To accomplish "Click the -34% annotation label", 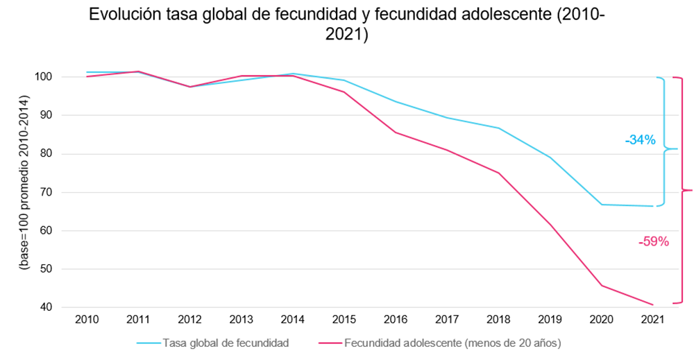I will tap(640, 140).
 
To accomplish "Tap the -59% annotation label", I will tap(653, 241).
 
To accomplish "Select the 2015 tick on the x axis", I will tap(344, 319).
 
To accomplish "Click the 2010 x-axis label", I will tap(87, 319).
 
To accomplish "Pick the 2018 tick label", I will tap(498, 319).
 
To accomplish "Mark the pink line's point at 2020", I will tap(601, 285).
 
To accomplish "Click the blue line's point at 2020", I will tap(601, 205).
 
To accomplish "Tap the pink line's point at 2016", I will tap(396, 132).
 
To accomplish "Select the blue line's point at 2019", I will tap(550, 157).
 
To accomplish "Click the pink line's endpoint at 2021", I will tap(653, 305).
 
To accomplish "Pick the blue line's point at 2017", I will tap(447, 118).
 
